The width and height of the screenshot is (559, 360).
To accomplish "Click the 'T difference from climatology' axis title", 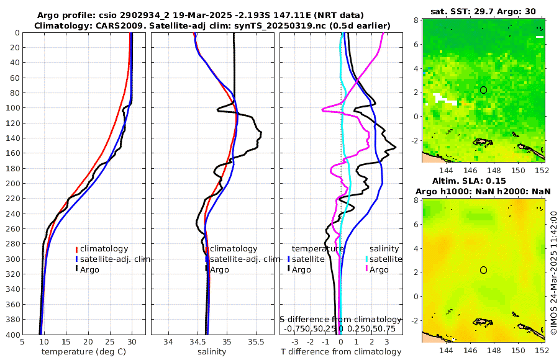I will tap(340, 352).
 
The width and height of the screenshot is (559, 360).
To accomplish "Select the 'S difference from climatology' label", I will tap(340, 319).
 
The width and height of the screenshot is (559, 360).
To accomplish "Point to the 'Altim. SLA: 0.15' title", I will tap(484, 180).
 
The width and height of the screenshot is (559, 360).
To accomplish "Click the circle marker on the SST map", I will tap(484, 90).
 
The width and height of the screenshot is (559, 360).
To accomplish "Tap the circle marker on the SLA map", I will tap(484, 270).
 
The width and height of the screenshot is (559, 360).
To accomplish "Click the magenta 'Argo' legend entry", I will tap(378, 269).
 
